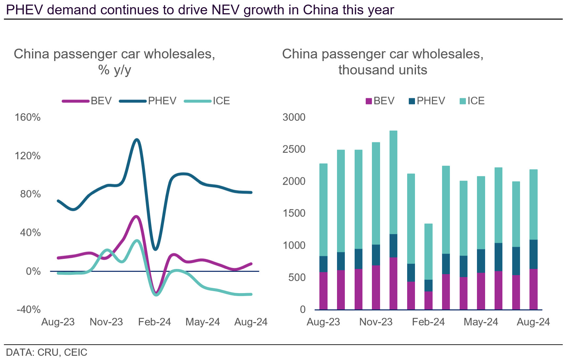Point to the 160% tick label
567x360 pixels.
pos(28,117)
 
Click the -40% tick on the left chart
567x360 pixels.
pos(29,309)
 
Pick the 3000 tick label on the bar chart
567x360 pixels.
pos(294,117)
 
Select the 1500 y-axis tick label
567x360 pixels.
pos(294,213)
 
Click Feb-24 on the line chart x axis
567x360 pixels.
pos(154,322)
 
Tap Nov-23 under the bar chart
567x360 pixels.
pos(376,322)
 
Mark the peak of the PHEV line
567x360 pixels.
pos(137,140)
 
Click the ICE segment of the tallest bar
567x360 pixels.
pos(393,182)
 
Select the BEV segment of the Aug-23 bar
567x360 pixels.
pos(323,290)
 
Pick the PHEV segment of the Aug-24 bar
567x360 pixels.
pos(533,254)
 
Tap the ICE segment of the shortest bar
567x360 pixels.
pos(428,251)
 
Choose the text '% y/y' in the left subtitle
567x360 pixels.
pos(115,70)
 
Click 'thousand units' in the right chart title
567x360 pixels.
pos(383,70)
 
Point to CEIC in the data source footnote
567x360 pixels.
pos(76,352)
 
